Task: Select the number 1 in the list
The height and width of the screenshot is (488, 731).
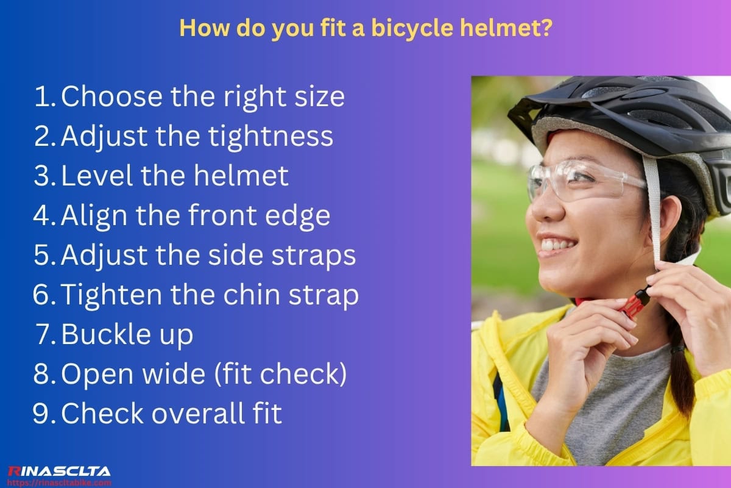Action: (x=42, y=97)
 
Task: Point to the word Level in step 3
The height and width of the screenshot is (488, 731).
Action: (x=97, y=176)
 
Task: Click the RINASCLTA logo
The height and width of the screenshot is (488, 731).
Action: (x=58, y=471)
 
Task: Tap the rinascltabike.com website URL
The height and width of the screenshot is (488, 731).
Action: (x=59, y=483)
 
